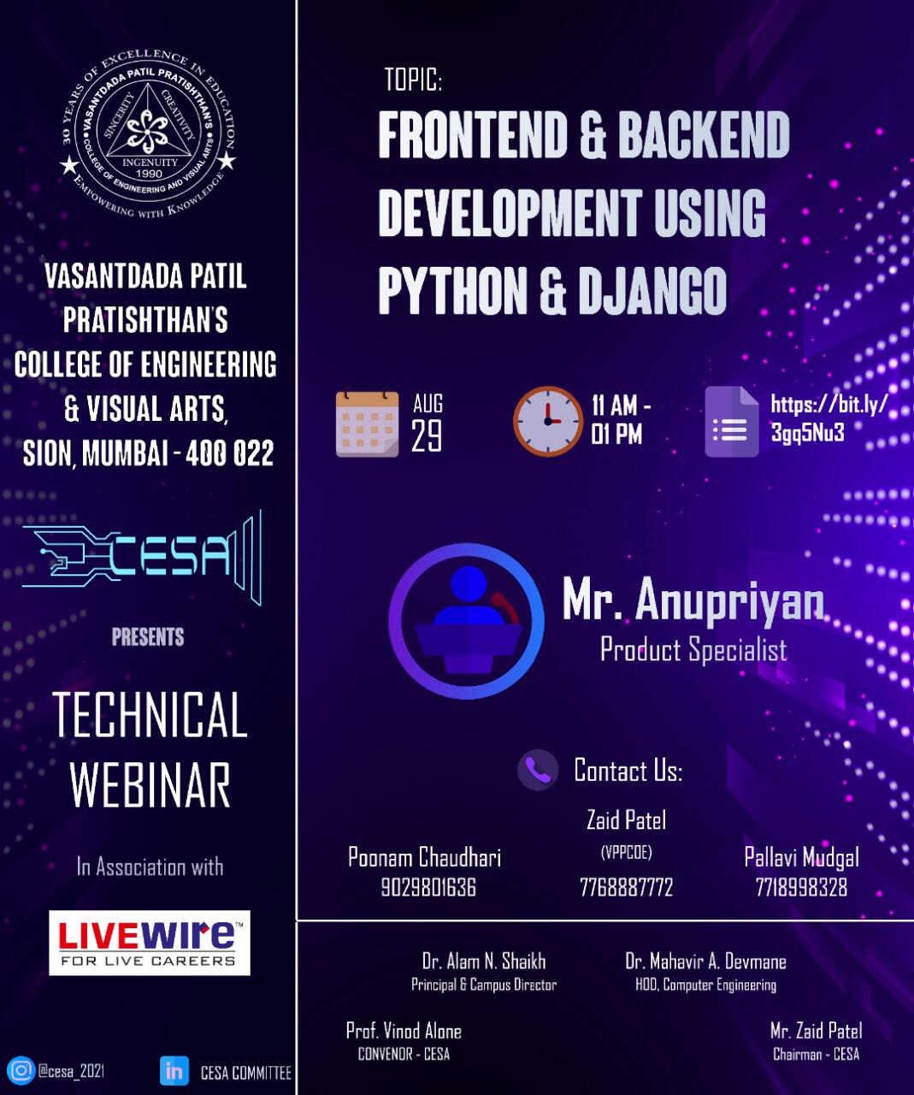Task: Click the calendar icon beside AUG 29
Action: coord(367,423)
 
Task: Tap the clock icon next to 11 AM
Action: coord(548,421)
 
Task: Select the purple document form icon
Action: coord(732,422)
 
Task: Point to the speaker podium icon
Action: coord(467,621)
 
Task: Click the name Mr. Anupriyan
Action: coord(693,601)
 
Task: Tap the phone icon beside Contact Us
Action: coord(538,770)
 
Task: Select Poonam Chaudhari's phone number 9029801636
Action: coord(428,887)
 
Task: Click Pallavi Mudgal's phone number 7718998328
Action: coord(801,887)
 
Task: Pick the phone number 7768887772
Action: coord(626,887)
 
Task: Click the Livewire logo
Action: coord(150,943)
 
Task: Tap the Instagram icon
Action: coord(21,1070)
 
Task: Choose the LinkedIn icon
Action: coord(174,1071)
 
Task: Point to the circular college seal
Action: coord(148,133)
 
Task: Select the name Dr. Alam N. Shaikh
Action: coord(484,962)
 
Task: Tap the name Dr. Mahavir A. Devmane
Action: coord(705,962)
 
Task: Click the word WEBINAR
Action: coord(150,785)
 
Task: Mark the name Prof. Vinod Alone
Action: coord(404,1031)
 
